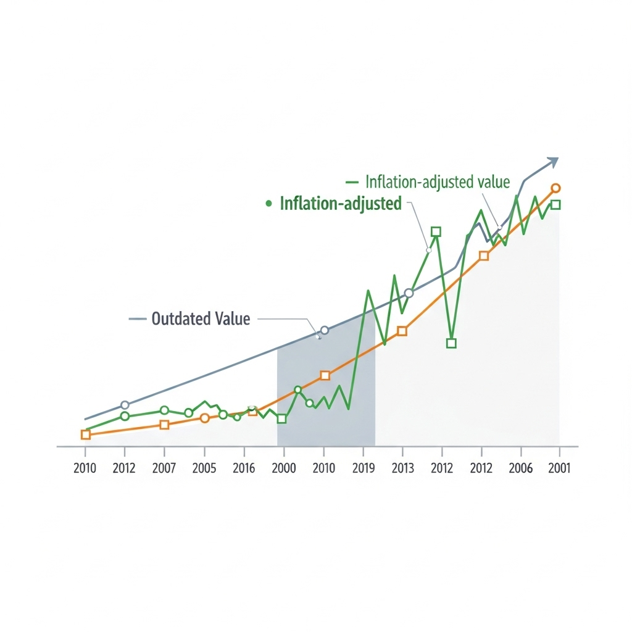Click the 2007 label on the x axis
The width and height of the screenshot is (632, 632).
pos(164,468)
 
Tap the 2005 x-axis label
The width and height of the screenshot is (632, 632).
pos(204,468)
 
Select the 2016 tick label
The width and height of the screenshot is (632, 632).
pos(244,468)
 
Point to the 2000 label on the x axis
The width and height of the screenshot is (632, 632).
pos(283,468)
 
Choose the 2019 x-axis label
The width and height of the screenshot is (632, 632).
pos(364,468)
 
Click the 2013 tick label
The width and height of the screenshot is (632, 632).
pos(402,468)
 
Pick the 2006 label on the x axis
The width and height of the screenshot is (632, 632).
pos(520,468)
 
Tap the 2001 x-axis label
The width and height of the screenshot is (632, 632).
pos(559,468)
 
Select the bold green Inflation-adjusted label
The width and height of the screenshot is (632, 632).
pos(341,203)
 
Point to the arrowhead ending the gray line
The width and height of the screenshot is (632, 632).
pos(552,162)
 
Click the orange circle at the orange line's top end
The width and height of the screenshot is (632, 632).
pos(555,188)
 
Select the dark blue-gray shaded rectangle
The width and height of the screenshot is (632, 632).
pos(326,395)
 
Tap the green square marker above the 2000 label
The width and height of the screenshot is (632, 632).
pos(282,418)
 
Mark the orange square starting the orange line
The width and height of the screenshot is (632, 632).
pos(86,434)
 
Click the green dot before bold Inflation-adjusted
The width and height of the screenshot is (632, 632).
pos(268,204)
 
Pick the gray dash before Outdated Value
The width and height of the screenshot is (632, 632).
pos(136,319)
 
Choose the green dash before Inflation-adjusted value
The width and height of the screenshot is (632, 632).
pos(352,182)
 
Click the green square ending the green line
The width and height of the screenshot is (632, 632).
pos(555,205)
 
